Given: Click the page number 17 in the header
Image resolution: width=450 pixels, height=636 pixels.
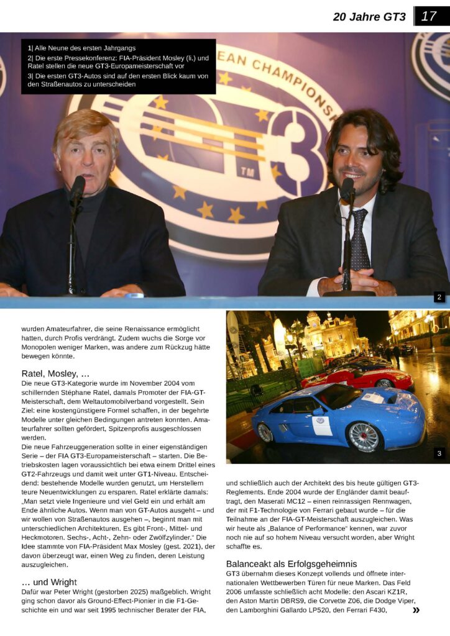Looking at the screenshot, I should pos(429,16).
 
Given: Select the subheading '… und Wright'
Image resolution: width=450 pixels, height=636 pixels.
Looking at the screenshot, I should pos(49,582).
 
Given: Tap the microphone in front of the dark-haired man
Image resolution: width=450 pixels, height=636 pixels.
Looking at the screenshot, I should pos(347,189).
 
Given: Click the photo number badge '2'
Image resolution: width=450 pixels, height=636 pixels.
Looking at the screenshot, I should pos(439,298).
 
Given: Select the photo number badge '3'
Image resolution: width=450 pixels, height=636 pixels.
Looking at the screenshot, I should pos(439,453).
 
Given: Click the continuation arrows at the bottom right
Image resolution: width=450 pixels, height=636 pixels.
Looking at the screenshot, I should pos(416,611).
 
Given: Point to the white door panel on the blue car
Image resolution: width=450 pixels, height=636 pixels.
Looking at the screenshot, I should pos(322,425).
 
